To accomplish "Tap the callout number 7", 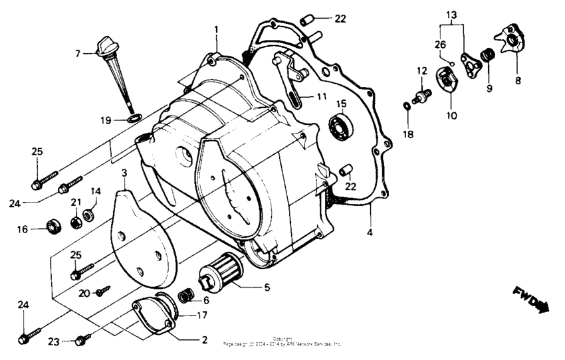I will [x=78, y=52].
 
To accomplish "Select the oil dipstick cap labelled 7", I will [x=106, y=48].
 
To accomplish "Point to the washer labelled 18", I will [x=406, y=106].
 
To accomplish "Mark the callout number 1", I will [x=216, y=29].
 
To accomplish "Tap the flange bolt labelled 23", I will [x=84, y=340].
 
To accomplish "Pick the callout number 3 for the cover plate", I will [x=124, y=173].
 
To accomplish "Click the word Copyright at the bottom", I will [x=282, y=338].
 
